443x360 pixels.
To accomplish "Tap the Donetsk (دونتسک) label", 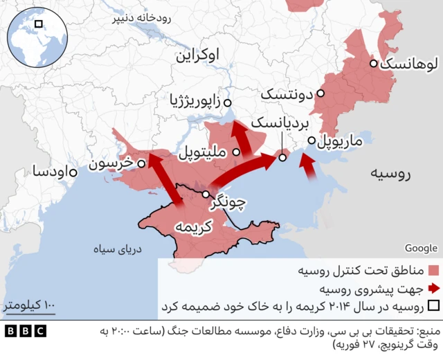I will pyautogui.click(x=288, y=93).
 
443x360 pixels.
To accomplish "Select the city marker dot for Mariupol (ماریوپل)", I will pyautogui.click(x=312, y=138).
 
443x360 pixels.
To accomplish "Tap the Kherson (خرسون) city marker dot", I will pyautogui.click(x=141, y=164).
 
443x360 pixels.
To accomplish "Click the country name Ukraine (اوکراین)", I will pyautogui.click(x=202, y=55).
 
